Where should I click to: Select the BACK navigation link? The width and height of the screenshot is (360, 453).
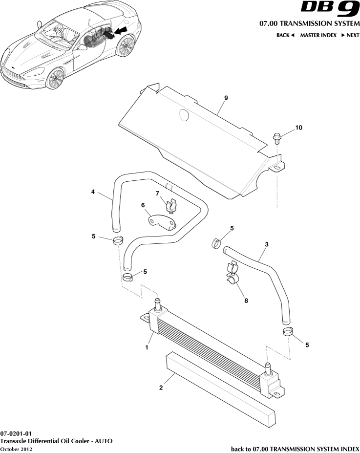click(285, 35)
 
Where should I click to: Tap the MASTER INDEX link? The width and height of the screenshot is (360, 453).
click(318, 35)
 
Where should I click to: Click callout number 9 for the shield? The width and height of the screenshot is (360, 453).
click(226, 98)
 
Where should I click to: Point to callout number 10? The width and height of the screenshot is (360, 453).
click(298, 128)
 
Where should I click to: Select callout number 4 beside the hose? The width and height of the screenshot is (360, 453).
click(93, 192)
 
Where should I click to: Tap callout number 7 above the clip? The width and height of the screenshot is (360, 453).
click(157, 194)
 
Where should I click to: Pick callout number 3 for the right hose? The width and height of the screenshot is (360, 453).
click(266, 244)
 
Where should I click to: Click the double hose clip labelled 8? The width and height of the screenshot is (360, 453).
click(233, 273)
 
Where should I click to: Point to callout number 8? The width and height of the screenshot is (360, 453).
click(246, 301)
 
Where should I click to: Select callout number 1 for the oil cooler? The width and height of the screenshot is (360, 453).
click(146, 347)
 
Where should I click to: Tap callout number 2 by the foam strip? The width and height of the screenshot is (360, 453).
click(161, 388)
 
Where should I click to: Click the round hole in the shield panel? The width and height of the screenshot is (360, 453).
click(184, 115)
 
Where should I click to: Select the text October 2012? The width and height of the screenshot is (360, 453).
click(16, 449)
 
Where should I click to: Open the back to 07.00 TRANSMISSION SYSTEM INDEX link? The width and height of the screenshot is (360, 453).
click(295, 449)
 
